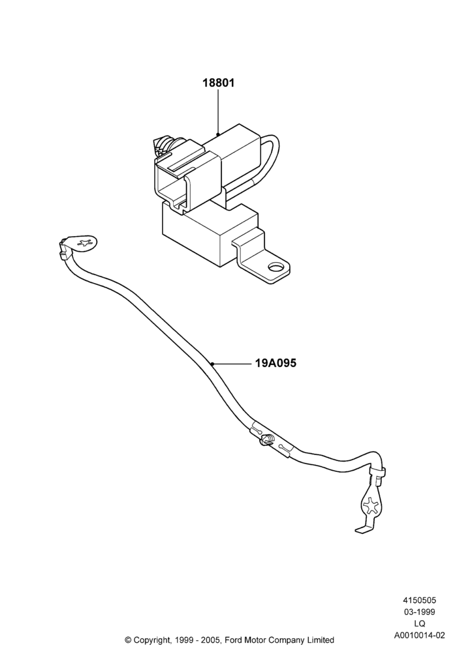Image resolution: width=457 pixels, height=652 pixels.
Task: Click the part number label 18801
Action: pos(219,83)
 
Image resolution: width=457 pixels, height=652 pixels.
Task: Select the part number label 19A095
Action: pos(276,363)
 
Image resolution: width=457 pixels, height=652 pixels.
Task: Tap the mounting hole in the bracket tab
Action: pos(275,267)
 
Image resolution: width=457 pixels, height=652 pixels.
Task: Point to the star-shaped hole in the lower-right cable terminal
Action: pos(370,505)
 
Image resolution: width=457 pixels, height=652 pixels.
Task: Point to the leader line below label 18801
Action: pos(217,112)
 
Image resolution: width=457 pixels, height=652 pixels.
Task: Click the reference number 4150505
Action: pos(419,600)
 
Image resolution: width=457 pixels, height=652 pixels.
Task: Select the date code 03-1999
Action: pos(419,612)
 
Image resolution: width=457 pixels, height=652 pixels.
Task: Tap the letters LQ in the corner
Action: pos(419,623)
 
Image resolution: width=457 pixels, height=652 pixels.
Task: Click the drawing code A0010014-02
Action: pos(419,635)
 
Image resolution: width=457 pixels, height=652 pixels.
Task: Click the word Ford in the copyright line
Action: pos(235,640)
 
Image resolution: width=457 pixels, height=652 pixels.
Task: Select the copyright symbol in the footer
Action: pos(128,640)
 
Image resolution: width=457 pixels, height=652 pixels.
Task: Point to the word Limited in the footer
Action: pos(321,640)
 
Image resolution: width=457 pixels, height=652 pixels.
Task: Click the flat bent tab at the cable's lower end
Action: pos(364,528)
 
